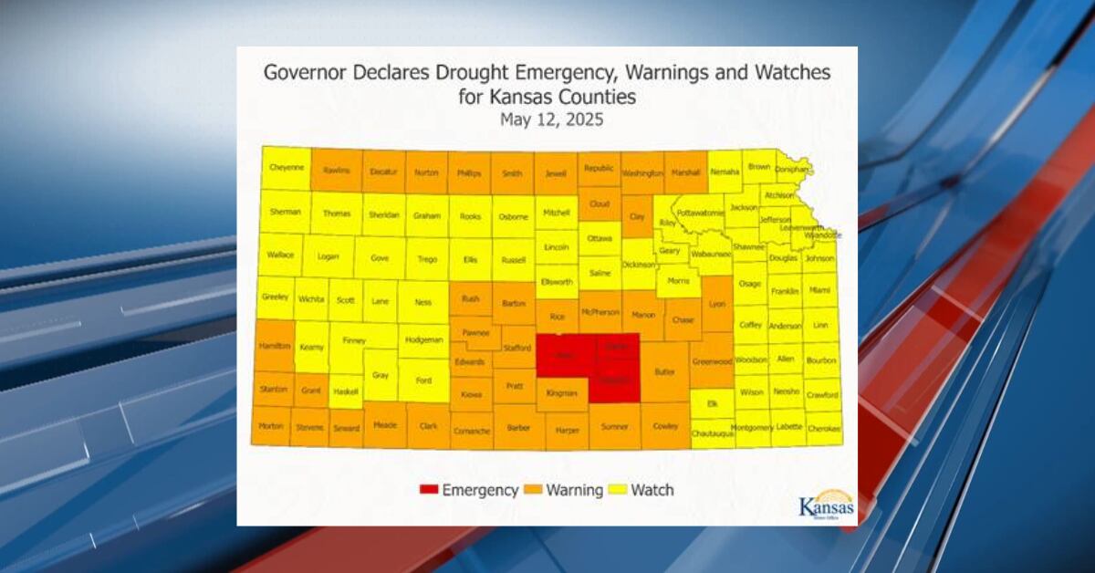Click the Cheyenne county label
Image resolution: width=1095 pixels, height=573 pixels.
287,168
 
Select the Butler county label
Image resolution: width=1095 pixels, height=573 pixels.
663,372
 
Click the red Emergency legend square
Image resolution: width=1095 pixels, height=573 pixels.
427,490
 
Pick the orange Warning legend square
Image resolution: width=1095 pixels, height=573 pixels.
534,490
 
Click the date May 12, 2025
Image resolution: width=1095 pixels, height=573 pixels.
551,120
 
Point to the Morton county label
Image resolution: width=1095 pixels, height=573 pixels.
270,425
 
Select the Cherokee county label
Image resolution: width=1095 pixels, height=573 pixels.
824,427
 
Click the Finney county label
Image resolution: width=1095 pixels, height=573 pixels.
354,340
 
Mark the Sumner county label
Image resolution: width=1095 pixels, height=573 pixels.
614,426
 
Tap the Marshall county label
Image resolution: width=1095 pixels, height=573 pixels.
685,172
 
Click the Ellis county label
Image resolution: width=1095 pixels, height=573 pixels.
470,258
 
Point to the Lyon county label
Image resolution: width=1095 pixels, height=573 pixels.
717,303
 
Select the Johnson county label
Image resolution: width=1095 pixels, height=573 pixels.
819,258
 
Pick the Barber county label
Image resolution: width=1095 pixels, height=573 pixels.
519,426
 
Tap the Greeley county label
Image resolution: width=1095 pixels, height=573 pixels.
275,297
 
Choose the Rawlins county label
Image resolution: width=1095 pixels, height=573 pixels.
336,170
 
